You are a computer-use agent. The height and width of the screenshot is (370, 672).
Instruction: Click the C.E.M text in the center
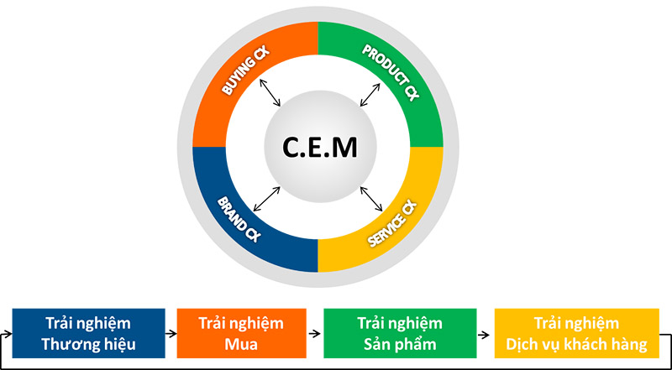click(318, 148)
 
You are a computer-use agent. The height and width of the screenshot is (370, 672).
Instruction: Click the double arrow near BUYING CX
click(271, 92)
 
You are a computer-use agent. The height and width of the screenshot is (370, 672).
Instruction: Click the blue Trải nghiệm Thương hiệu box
click(88, 333)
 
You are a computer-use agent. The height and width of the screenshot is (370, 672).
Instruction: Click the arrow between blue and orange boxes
click(171, 333)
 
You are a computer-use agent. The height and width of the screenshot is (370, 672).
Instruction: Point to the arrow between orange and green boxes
click(314, 333)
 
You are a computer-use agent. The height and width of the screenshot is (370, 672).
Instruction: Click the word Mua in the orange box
click(241, 343)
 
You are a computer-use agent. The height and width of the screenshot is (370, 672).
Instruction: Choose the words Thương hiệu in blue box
click(88, 343)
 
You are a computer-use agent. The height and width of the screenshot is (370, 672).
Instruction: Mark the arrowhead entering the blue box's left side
click(10, 333)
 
